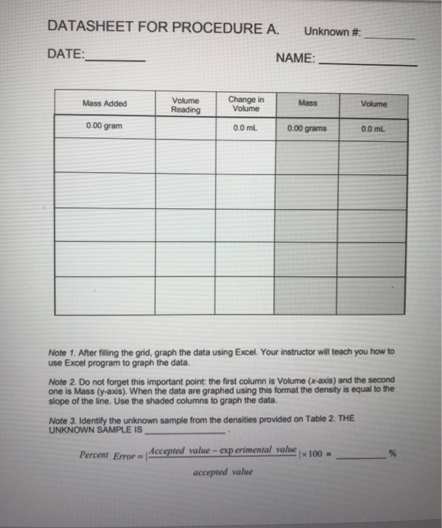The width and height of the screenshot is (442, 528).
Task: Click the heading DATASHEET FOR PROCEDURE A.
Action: (x=163, y=28)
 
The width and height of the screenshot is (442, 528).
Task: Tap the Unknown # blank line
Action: (x=389, y=37)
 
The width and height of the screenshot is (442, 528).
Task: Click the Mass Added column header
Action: (x=105, y=103)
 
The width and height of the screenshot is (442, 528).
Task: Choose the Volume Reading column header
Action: (x=186, y=105)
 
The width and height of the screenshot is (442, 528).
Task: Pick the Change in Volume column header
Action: (x=245, y=104)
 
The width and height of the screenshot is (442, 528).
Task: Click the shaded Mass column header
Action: (x=307, y=102)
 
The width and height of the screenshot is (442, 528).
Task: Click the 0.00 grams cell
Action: (x=307, y=128)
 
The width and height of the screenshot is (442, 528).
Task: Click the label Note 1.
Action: (x=62, y=352)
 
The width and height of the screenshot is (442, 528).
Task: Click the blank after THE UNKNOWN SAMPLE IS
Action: (x=184, y=433)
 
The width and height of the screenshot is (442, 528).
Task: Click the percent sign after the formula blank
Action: (x=392, y=453)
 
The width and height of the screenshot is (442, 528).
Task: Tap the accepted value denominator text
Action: (x=223, y=473)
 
